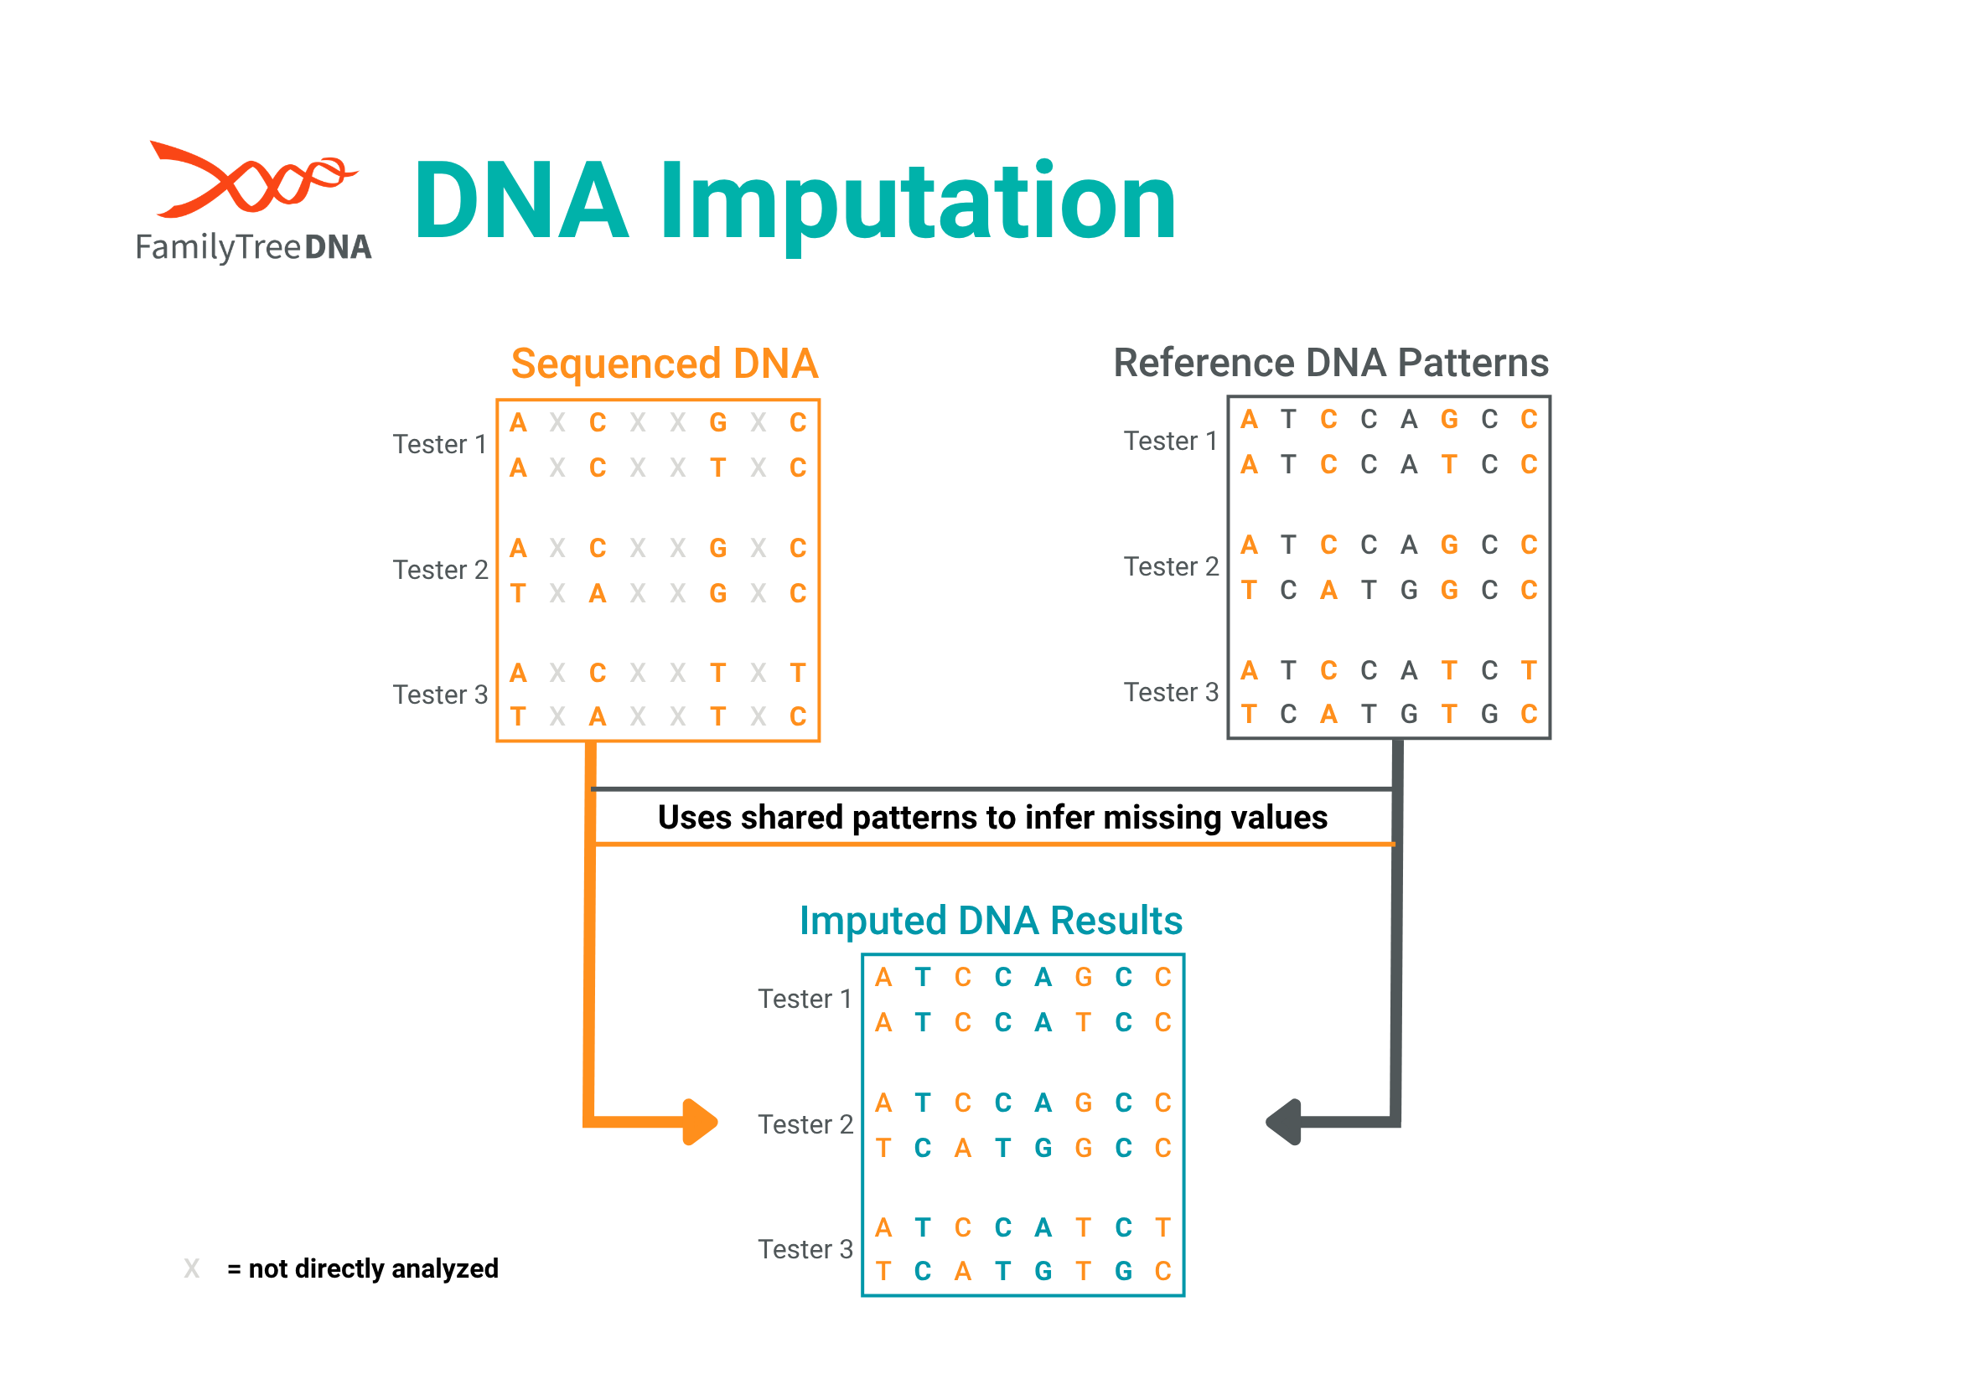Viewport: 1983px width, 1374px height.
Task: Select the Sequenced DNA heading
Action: tap(664, 364)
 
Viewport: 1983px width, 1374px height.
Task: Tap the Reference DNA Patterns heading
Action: tap(1330, 363)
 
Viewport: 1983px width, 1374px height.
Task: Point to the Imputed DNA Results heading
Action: tap(990, 920)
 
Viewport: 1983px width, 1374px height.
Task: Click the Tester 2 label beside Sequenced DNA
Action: tap(440, 570)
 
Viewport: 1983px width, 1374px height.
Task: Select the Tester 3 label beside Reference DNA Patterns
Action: tap(1171, 692)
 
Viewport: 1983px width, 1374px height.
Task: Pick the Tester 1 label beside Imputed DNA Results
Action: tap(805, 999)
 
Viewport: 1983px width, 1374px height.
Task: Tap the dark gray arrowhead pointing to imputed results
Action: tap(1283, 1122)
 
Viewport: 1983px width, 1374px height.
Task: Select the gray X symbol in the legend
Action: tap(191, 1268)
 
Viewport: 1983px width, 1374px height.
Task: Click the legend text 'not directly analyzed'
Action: tap(373, 1269)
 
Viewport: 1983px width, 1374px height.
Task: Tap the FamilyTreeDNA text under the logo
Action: tap(253, 247)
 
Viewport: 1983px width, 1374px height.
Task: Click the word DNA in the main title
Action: tap(522, 199)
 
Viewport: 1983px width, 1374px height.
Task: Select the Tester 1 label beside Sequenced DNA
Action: tap(440, 444)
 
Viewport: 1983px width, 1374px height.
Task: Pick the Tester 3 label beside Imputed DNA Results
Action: tap(805, 1249)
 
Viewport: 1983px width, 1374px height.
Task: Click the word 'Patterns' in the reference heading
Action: tap(1473, 363)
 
